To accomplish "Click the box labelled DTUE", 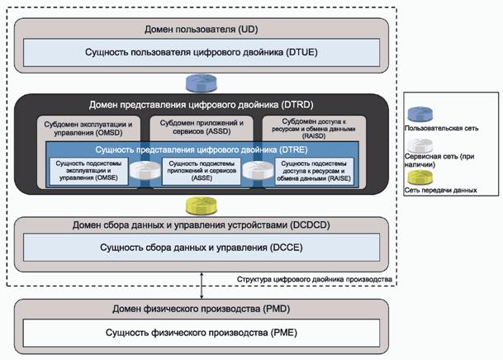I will (x=202, y=53).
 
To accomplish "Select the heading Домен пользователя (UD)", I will (x=202, y=28).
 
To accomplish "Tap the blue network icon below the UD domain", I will (x=202, y=83).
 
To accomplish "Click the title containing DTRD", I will (x=202, y=105).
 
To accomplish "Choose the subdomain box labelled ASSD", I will (x=202, y=127).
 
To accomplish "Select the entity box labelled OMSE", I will (x=91, y=170).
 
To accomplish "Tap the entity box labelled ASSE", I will (x=202, y=170).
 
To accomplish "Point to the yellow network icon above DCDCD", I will (x=202, y=204).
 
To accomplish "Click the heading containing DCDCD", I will (x=202, y=226).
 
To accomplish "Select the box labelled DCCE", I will (x=202, y=248).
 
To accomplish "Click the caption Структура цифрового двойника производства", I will (x=314, y=280).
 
